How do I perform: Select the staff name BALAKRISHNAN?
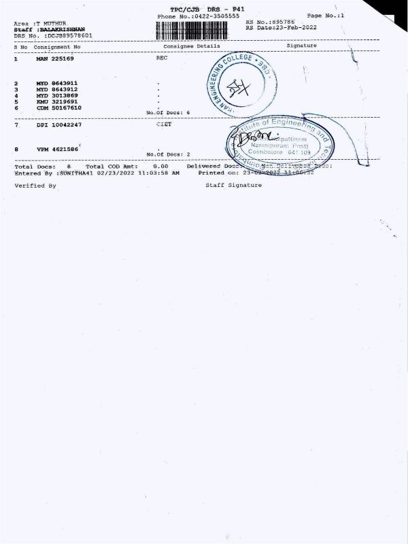[63, 29]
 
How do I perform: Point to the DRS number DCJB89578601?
[69, 35]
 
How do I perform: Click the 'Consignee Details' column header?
[192, 46]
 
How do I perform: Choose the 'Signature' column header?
[302, 46]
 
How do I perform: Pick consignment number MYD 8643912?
[56, 89]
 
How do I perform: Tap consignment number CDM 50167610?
[58, 107]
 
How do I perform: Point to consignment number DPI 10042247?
[58, 125]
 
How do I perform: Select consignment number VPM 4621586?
[56, 148]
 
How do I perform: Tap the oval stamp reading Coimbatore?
[281, 141]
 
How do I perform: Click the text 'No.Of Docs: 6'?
[168, 112]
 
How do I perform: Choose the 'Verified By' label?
[35, 185]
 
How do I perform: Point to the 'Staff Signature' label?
[233, 185]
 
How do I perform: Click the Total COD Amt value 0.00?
[160, 166]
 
